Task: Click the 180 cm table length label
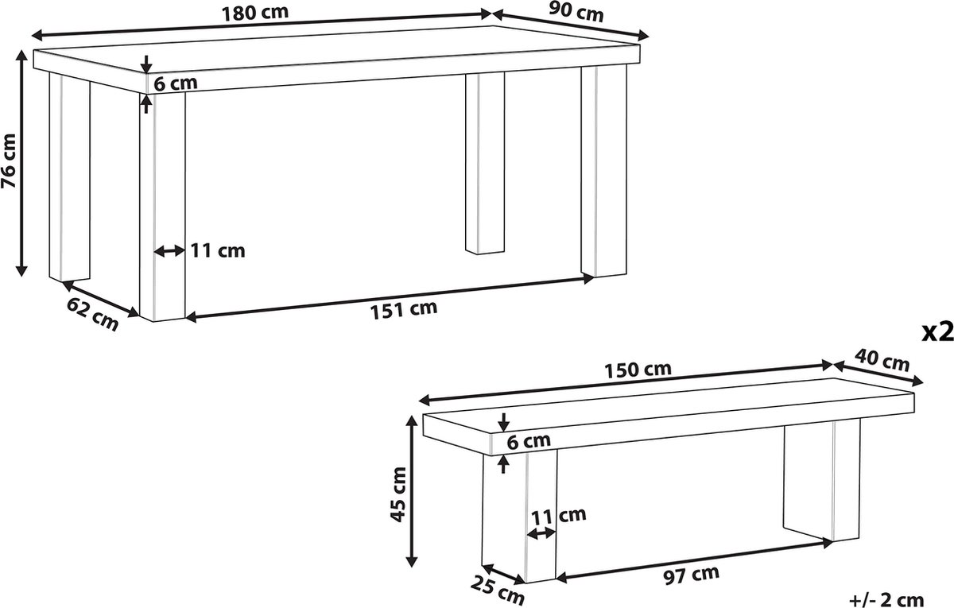pyautogui.click(x=255, y=14)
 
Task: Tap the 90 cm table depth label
pyautogui.click(x=576, y=13)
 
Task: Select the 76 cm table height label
pyautogui.click(x=9, y=161)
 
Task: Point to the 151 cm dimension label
pyautogui.click(x=404, y=309)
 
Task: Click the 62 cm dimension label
pyautogui.click(x=92, y=314)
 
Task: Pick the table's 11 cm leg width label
pyautogui.click(x=217, y=251)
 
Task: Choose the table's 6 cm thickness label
pyautogui.click(x=176, y=83)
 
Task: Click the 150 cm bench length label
pyautogui.click(x=638, y=370)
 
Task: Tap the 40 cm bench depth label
pyautogui.click(x=882, y=360)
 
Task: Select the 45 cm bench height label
pyautogui.click(x=398, y=494)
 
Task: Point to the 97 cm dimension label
pyautogui.click(x=692, y=575)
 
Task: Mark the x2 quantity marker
pyautogui.click(x=937, y=331)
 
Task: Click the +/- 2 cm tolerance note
pyautogui.click(x=886, y=600)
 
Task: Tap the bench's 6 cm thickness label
pyautogui.click(x=529, y=442)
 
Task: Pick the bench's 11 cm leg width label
pyautogui.click(x=558, y=516)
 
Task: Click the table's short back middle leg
pyautogui.click(x=485, y=163)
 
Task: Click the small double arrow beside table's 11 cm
pyautogui.click(x=169, y=251)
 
